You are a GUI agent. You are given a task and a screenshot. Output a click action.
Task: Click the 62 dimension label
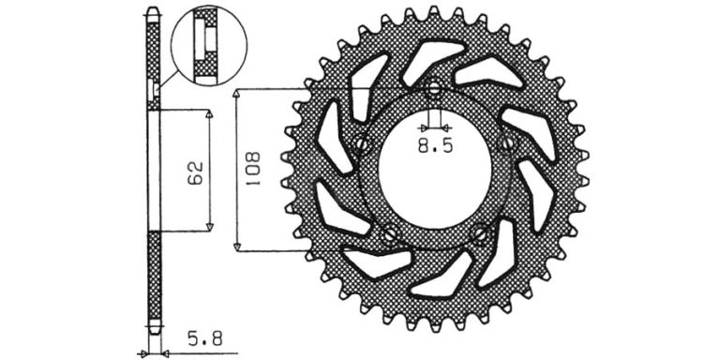[195, 172]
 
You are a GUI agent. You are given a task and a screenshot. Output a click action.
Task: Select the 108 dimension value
[252, 169]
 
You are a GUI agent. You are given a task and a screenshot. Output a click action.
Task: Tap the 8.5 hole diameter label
[435, 146]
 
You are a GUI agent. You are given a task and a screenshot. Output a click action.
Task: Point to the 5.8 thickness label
[204, 339]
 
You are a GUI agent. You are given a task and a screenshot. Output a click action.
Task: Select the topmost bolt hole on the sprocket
[434, 90]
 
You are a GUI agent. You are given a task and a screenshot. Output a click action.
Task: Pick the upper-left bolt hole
[362, 143]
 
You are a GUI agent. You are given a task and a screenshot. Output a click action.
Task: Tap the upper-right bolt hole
[506, 143]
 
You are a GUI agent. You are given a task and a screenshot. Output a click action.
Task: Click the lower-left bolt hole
[390, 233]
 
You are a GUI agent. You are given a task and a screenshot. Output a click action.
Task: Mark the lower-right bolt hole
[480, 233]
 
